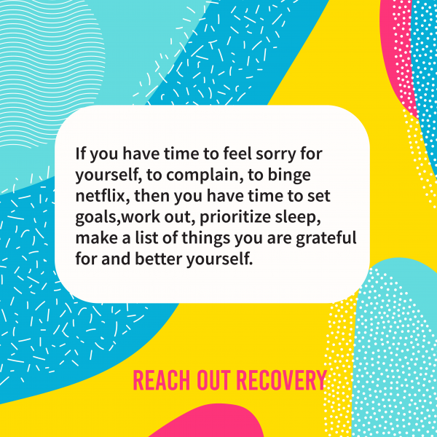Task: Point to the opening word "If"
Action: click(79, 154)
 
